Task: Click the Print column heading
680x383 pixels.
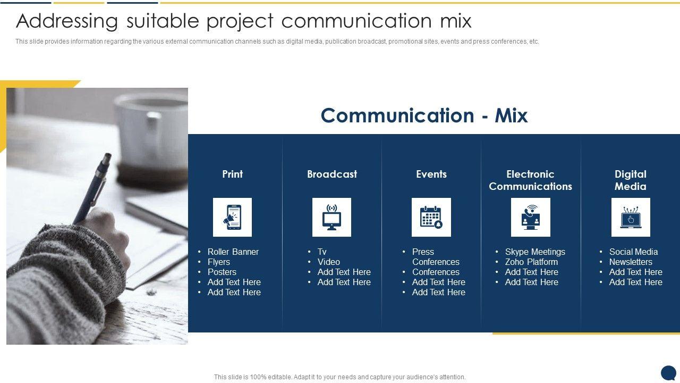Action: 232,174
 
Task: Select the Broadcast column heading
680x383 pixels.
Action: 332,174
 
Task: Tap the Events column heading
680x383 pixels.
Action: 431,174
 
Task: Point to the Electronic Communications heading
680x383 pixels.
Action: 530,180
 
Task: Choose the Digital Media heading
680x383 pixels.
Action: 630,180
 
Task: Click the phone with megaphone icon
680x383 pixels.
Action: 232,218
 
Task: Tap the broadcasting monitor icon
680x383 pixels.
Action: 331,218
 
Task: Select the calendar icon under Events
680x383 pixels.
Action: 431,217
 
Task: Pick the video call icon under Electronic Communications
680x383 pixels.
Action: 530,218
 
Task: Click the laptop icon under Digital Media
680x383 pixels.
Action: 631,218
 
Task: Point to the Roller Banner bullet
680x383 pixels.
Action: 233,252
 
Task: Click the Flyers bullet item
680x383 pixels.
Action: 218,262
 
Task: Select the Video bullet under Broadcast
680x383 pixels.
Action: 328,262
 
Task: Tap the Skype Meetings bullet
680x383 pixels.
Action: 535,252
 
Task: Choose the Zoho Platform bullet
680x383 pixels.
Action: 531,262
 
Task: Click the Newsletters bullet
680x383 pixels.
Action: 631,262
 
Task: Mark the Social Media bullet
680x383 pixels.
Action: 633,252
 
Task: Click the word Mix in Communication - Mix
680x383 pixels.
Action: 511,115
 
